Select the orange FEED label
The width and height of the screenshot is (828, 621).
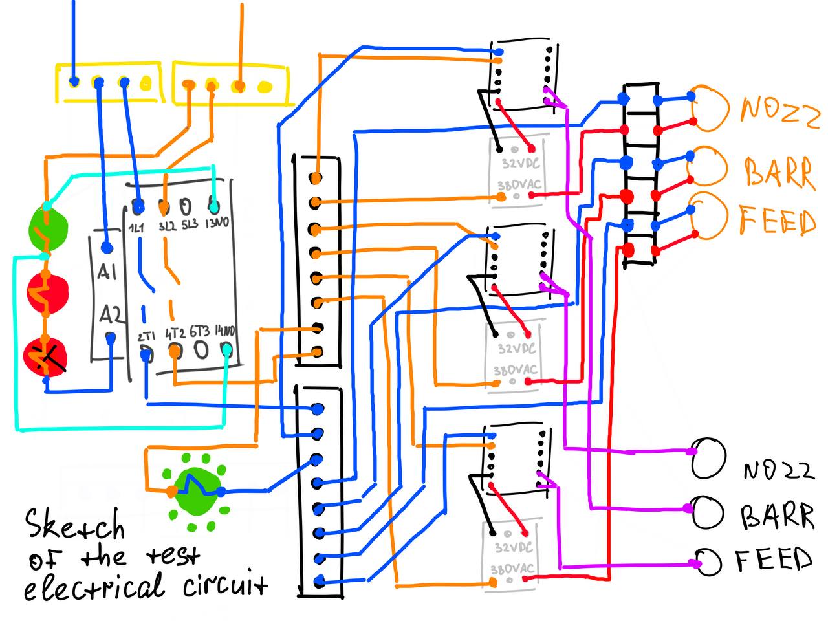(x=778, y=221)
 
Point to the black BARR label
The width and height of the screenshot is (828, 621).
(x=777, y=516)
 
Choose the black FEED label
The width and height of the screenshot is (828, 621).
(x=774, y=560)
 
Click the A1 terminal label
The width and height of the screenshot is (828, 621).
(x=107, y=272)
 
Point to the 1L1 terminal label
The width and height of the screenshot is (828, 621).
(x=136, y=227)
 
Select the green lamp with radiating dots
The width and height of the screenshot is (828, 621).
(x=197, y=486)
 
